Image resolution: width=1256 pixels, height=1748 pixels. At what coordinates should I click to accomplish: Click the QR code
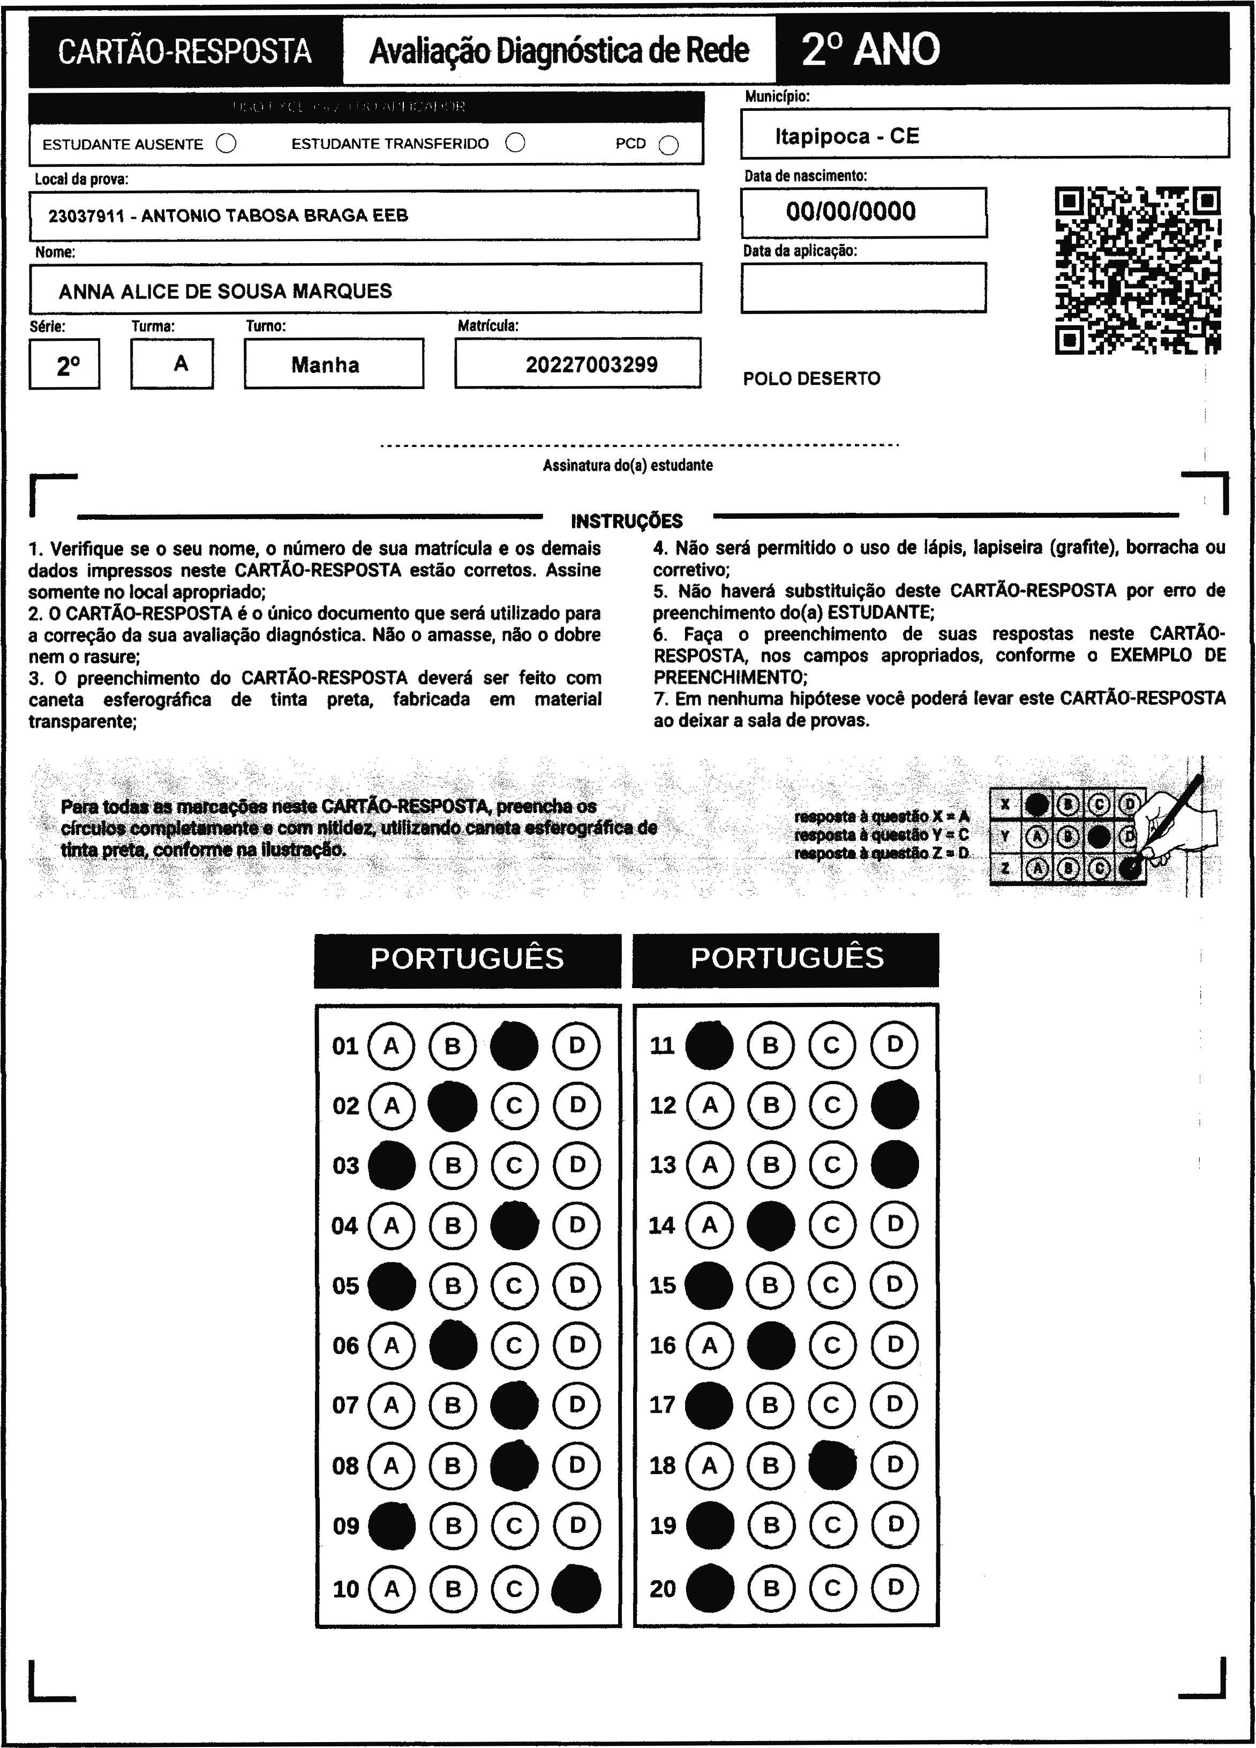point(1137,271)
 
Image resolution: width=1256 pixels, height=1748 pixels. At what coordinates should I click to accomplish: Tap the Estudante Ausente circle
point(226,144)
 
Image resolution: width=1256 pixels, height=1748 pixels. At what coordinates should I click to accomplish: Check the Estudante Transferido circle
point(515,144)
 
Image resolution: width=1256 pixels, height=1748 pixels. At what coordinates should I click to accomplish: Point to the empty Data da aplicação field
point(863,287)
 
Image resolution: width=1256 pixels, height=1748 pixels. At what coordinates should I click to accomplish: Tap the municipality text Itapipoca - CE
point(847,137)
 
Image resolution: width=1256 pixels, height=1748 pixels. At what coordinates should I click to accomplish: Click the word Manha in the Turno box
point(325,364)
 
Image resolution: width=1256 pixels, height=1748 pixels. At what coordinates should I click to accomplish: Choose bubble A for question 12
point(710,1105)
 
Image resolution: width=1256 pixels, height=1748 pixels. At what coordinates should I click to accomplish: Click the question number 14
point(662,1226)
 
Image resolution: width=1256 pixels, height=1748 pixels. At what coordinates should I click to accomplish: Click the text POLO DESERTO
point(811,378)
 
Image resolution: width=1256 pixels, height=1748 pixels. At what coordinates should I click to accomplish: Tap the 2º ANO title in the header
point(871,50)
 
